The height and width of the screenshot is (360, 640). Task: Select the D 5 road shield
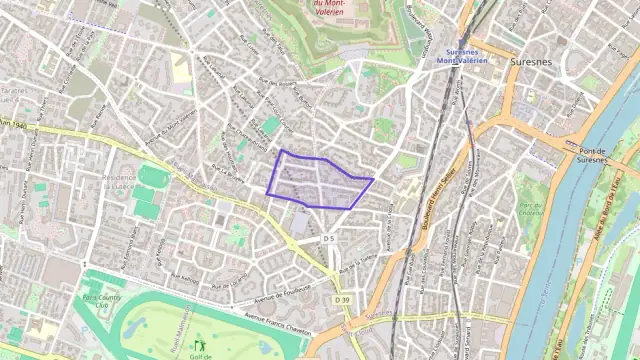pos(328,238)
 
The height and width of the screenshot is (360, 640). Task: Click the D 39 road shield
pos(343,300)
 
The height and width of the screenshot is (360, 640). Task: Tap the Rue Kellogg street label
pos(186,279)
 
